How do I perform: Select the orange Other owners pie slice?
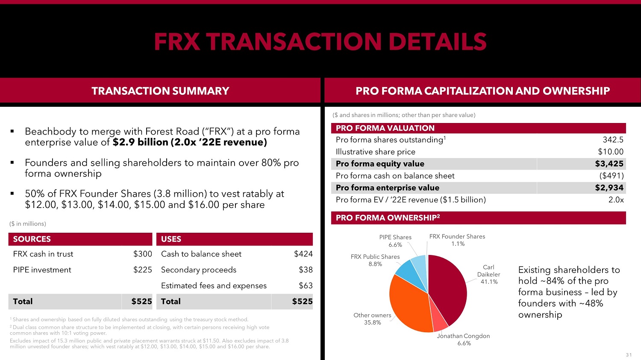pos(408,303)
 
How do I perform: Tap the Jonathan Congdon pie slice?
pos(439,322)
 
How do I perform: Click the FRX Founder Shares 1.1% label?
pos(457,240)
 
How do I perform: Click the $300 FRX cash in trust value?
pos(142,254)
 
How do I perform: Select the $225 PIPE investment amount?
pos(142,270)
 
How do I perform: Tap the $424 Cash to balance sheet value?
pos(303,254)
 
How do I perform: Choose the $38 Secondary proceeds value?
pos(306,270)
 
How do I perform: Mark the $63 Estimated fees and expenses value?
pos(306,286)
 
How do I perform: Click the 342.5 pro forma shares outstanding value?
pos(613,140)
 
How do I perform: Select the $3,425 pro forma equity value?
pos(609,164)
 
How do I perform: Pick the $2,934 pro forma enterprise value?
pos(609,187)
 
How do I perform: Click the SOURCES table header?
pos(32,239)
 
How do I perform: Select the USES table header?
pos(171,239)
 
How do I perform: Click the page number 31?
pos(629,355)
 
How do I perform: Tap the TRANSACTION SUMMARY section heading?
pos(160,91)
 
